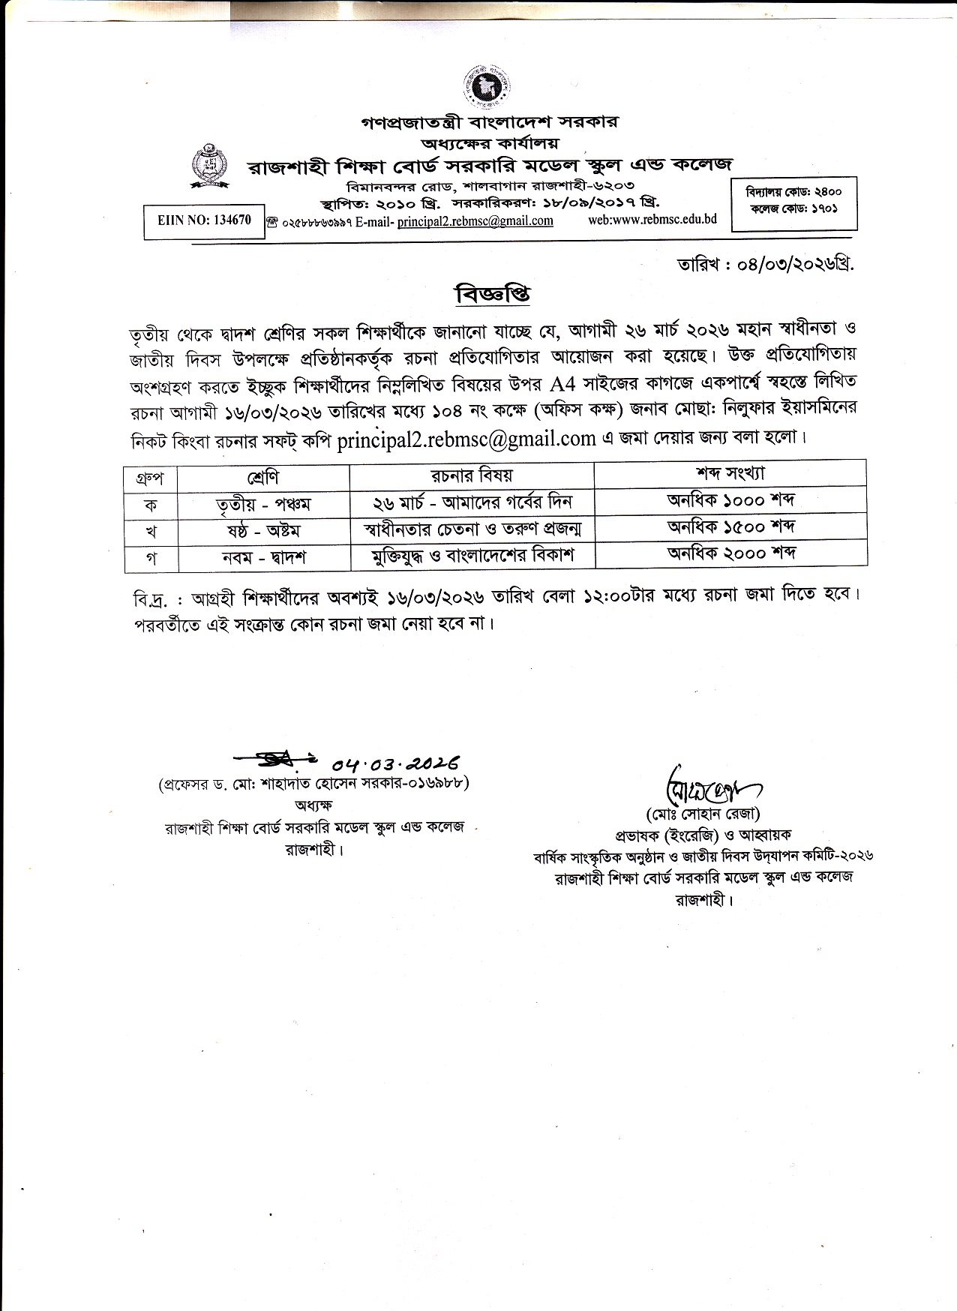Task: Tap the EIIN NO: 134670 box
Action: pos(204,221)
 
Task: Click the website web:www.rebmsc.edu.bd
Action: pos(652,219)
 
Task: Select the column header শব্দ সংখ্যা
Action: pos(730,474)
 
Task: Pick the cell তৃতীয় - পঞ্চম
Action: pos(262,503)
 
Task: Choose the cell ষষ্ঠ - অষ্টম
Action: pos(262,530)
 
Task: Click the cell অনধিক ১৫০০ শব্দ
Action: pos(730,527)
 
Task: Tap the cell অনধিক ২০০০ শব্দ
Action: pos(730,553)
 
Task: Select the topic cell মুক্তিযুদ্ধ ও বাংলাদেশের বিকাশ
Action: pos(472,556)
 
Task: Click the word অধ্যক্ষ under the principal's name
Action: pos(314,805)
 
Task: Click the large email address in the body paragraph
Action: pos(466,439)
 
